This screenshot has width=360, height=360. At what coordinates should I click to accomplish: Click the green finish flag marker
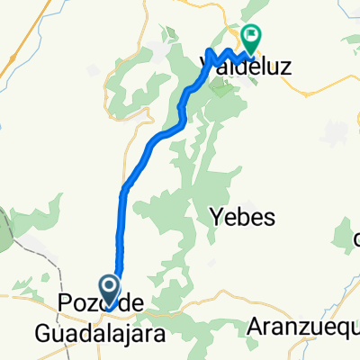(250, 38)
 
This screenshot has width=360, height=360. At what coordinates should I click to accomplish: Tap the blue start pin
(109, 290)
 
